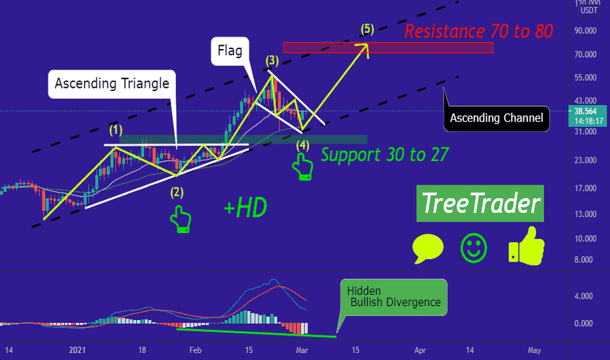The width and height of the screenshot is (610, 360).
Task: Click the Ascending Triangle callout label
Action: pos(112,84)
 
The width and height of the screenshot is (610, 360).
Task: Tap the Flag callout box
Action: pos(230,51)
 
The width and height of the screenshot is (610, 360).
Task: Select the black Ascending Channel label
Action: pos(496,118)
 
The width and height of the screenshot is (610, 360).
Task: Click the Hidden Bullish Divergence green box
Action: pos(394,297)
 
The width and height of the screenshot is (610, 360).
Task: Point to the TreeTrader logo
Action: pos(480,203)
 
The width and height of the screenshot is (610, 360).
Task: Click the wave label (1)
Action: pos(116,130)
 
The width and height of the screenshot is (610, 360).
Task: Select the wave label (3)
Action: pos(272,60)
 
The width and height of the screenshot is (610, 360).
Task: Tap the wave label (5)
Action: pos(367,29)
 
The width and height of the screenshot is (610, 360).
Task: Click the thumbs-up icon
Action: pos(527,246)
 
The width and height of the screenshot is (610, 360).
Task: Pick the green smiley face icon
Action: pos(473,248)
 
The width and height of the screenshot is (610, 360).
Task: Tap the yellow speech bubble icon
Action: pos(427,248)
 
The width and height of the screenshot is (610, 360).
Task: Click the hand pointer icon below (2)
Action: pos(181,219)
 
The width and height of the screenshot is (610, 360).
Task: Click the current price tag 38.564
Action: pos(588,116)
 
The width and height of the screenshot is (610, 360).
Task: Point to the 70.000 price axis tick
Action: pos(586,54)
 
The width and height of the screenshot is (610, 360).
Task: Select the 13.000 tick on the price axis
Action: pos(586,215)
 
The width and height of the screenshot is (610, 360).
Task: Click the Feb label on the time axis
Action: pos(195,350)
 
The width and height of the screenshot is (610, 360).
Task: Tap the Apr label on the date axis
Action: pos(420,350)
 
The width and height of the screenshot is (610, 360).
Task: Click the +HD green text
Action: pos(245,207)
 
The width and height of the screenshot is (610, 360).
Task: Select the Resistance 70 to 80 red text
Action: pos(478,31)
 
